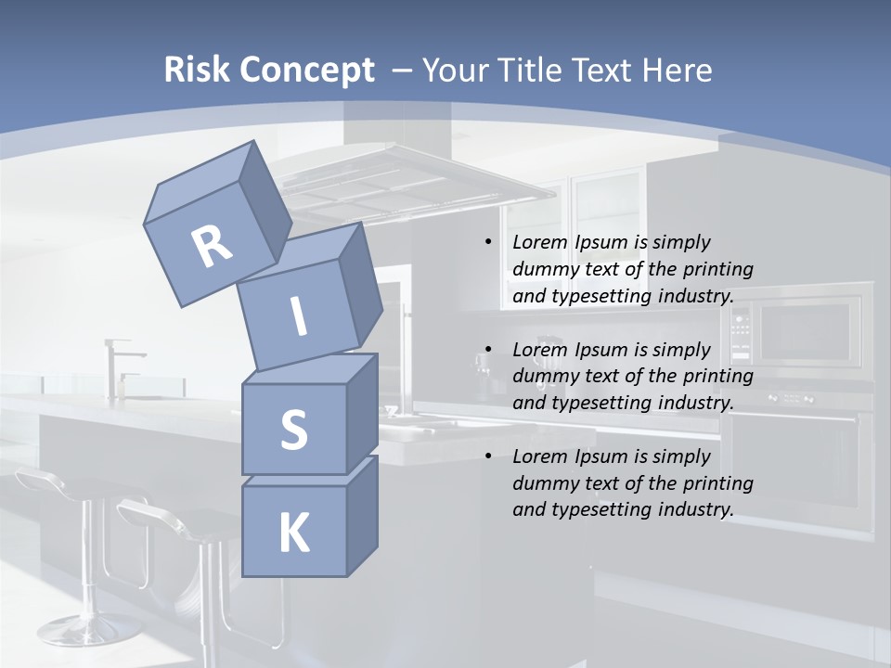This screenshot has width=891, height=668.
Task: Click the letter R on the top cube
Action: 212,248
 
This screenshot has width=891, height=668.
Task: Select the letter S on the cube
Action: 293,430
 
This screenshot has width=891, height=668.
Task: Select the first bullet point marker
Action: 488,243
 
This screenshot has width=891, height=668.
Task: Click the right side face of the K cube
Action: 362,515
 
